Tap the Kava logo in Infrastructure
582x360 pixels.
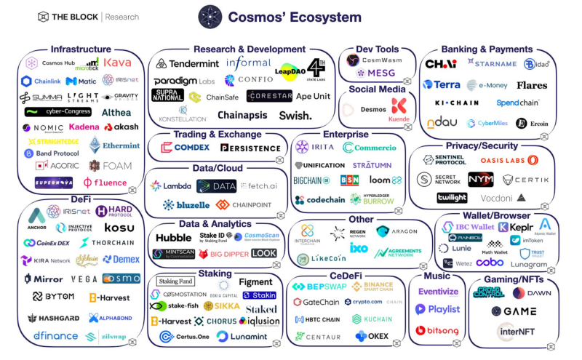coord(117,63)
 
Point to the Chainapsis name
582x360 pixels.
coord(242,115)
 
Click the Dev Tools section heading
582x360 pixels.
coord(370,49)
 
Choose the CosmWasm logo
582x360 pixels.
coord(373,60)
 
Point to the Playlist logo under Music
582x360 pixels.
coord(437,309)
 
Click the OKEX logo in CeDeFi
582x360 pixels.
coord(372,336)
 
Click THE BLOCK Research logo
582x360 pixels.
coord(87,16)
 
